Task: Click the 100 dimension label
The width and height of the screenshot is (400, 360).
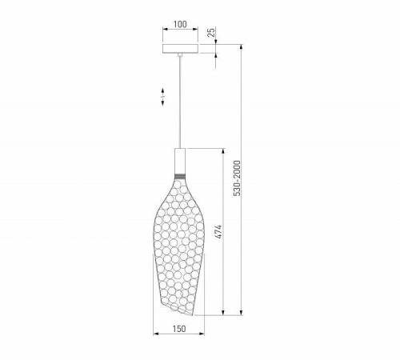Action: click(x=180, y=24)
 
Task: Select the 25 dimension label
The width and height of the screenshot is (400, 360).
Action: click(x=211, y=32)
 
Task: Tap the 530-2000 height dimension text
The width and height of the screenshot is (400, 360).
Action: click(x=237, y=178)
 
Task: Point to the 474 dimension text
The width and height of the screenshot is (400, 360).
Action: click(x=218, y=232)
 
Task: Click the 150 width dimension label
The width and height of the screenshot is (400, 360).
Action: click(x=179, y=329)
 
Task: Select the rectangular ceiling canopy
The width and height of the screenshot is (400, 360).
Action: click(x=180, y=49)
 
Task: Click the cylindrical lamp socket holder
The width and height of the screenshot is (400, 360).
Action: click(x=180, y=161)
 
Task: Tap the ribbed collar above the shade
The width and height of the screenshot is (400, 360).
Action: click(x=180, y=176)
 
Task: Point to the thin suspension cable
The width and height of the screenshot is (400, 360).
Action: click(x=180, y=102)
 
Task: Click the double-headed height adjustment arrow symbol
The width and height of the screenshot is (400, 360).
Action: click(x=162, y=97)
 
